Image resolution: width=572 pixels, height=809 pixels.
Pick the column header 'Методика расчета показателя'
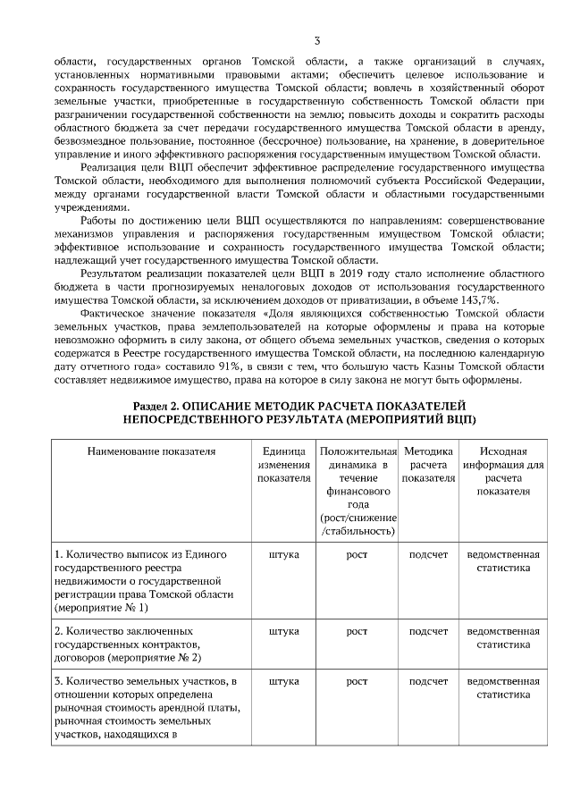[428, 465]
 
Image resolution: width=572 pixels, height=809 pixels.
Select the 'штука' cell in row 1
[283, 554]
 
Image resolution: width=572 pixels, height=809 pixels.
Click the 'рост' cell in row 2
[357, 631]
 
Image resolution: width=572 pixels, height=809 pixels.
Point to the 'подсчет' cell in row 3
[428, 681]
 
